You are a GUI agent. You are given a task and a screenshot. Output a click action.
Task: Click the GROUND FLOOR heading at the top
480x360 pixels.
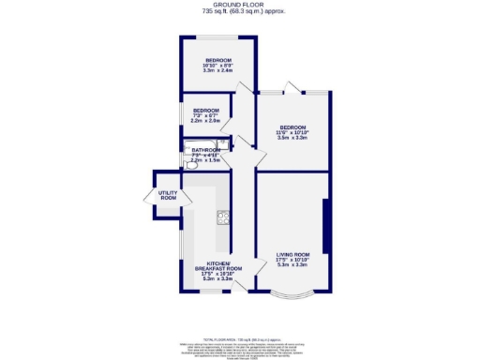(x=240, y=5)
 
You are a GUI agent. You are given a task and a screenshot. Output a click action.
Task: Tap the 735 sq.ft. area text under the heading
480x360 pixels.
(x=240, y=11)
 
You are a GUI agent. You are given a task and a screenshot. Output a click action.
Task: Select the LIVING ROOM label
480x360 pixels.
(x=292, y=254)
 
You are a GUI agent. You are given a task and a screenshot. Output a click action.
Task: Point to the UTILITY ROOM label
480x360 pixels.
(x=168, y=196)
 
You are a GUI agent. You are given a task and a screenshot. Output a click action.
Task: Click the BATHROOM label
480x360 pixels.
(x=206, y=150)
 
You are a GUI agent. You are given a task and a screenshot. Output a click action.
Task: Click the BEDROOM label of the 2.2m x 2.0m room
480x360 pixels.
(x=205, y=111)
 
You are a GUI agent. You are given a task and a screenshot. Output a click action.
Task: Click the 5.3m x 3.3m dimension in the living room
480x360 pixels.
(x=292, y=265)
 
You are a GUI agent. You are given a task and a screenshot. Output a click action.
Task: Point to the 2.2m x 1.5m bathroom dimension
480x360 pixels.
(x=204, y=160)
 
